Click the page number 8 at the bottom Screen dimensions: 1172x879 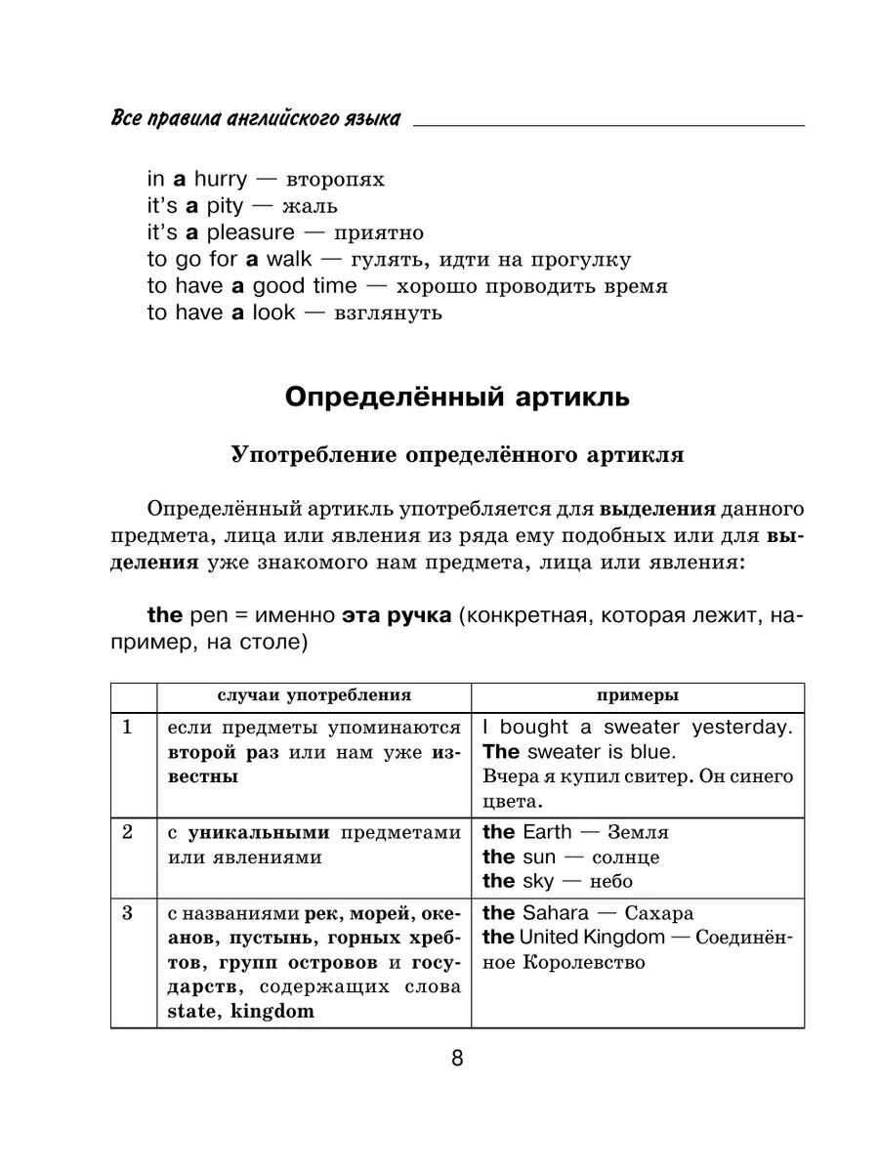coord(457,1059)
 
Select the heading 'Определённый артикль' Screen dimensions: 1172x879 coord(457,398)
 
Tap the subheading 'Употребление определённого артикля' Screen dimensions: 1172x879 coord(457,455)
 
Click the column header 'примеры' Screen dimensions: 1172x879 coord(638,695)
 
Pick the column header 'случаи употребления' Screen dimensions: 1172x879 coord(314,695)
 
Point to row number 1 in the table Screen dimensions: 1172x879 coord(127,728)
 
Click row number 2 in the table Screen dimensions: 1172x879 coord(127,832)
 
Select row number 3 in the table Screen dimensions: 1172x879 coord(127,914)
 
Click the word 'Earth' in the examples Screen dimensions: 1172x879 coord(548,832)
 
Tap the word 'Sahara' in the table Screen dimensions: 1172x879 coord(556,913)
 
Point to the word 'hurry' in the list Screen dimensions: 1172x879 coord(220,180)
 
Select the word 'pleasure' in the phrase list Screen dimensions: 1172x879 coord(250,232)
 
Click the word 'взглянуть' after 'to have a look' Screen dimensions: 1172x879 coord(388,313)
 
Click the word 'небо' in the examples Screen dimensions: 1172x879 coord(611,881)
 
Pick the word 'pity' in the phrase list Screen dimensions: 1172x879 coord(225,206)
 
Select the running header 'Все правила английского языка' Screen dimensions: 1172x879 coord(256,118)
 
